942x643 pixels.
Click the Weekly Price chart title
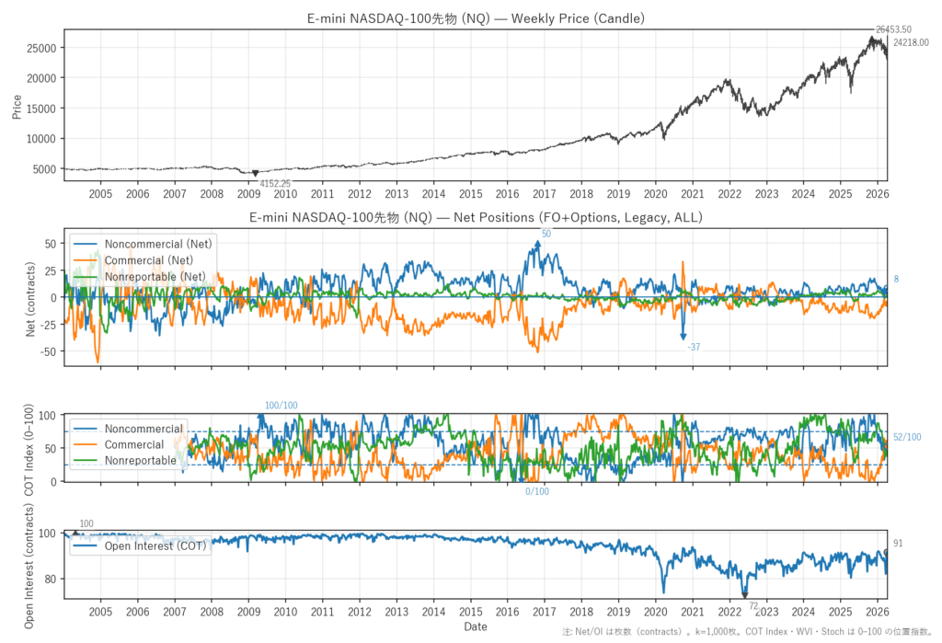click(x=475, y=18)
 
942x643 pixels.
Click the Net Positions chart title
click(x=475, y=218)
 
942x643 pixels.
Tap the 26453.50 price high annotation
click(x=893, y=29)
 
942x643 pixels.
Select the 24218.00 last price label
click(x=911, y=42)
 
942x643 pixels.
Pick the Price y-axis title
click(x=16, y=106)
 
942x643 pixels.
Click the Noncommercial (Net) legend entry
click(x=157, y=245)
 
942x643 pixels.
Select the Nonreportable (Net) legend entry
click(x=155, y=276)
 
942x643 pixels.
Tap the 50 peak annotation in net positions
click(x=546, y=235)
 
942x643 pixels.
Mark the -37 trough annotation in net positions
click(x=694, y=347)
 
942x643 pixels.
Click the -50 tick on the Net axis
click(x=48, y=351)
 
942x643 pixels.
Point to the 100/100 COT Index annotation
click(x=281, y=406)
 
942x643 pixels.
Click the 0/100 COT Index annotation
click(x=537, y=491)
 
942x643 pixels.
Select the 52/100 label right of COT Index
click(x=907, y=437)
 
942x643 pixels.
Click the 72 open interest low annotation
click(x=752, y=606)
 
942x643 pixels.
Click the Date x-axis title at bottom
click(x=475, y=626)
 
